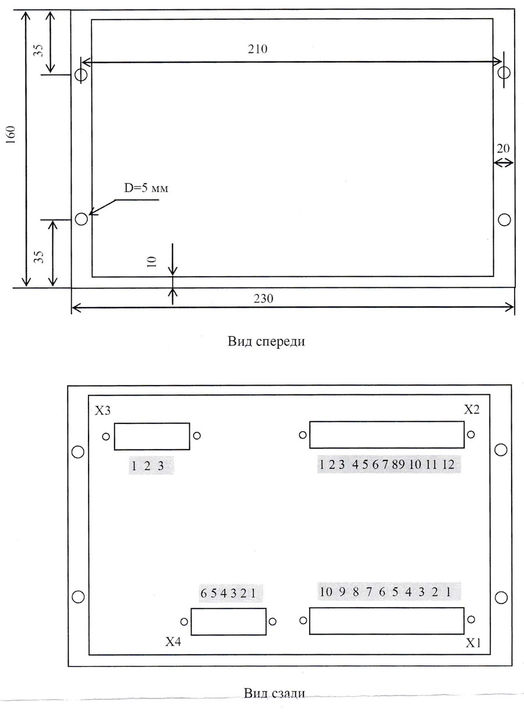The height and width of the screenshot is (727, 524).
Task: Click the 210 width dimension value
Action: point(257,49)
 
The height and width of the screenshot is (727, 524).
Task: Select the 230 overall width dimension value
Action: point(264,298)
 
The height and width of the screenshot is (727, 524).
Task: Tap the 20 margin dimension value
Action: point(503,149)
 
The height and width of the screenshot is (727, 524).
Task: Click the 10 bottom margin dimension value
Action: point(152,262)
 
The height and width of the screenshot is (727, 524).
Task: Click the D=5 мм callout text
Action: point(146,188)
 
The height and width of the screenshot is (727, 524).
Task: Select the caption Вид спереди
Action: point(266,341)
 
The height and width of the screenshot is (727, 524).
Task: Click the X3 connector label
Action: point(102,411)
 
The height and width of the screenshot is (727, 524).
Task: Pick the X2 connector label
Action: point(472,410)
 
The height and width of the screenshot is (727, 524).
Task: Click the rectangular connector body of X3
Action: point(152,437)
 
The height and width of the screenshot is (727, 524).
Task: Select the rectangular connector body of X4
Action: point(228,622)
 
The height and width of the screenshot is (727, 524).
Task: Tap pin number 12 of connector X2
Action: point(448,465)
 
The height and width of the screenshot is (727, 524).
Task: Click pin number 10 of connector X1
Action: point(326,591)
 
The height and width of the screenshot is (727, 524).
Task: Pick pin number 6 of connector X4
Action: point(204,593)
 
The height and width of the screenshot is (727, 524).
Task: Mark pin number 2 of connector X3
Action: point(147,466)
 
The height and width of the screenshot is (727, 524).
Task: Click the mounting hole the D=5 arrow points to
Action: point(81,219)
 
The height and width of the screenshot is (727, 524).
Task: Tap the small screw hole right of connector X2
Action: point(470,434)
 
